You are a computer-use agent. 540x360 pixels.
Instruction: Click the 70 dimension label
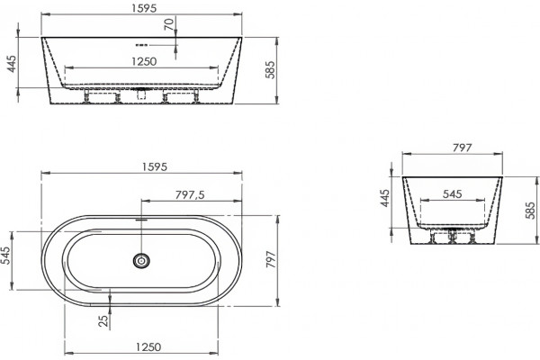(169, 24)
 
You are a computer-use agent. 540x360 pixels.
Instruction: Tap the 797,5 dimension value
(190, 195)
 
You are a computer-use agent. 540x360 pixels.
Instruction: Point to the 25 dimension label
(103, 320)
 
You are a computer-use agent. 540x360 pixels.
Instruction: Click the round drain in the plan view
(141, 260)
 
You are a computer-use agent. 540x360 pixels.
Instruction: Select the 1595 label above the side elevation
(144, 8)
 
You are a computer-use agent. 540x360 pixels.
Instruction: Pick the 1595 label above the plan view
(155, 166)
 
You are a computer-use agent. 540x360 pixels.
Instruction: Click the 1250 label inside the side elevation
(144, 62)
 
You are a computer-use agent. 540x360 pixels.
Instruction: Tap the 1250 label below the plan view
(148, 346)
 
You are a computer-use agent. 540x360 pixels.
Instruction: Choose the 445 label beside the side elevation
(12, 64)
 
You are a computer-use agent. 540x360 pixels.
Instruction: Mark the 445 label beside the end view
(384, 198)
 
